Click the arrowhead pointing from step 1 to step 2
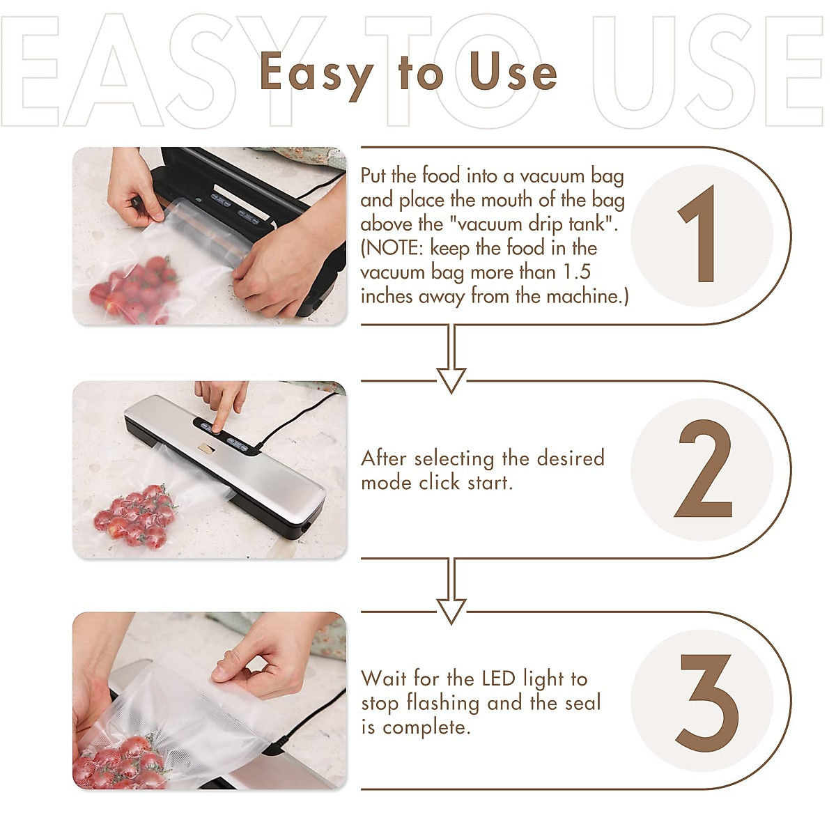coord(451,380)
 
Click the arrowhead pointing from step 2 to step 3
coord(451,611)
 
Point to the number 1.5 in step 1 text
coord(576,272)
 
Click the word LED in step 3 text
coord(498,679)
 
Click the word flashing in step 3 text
coord(443,703)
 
